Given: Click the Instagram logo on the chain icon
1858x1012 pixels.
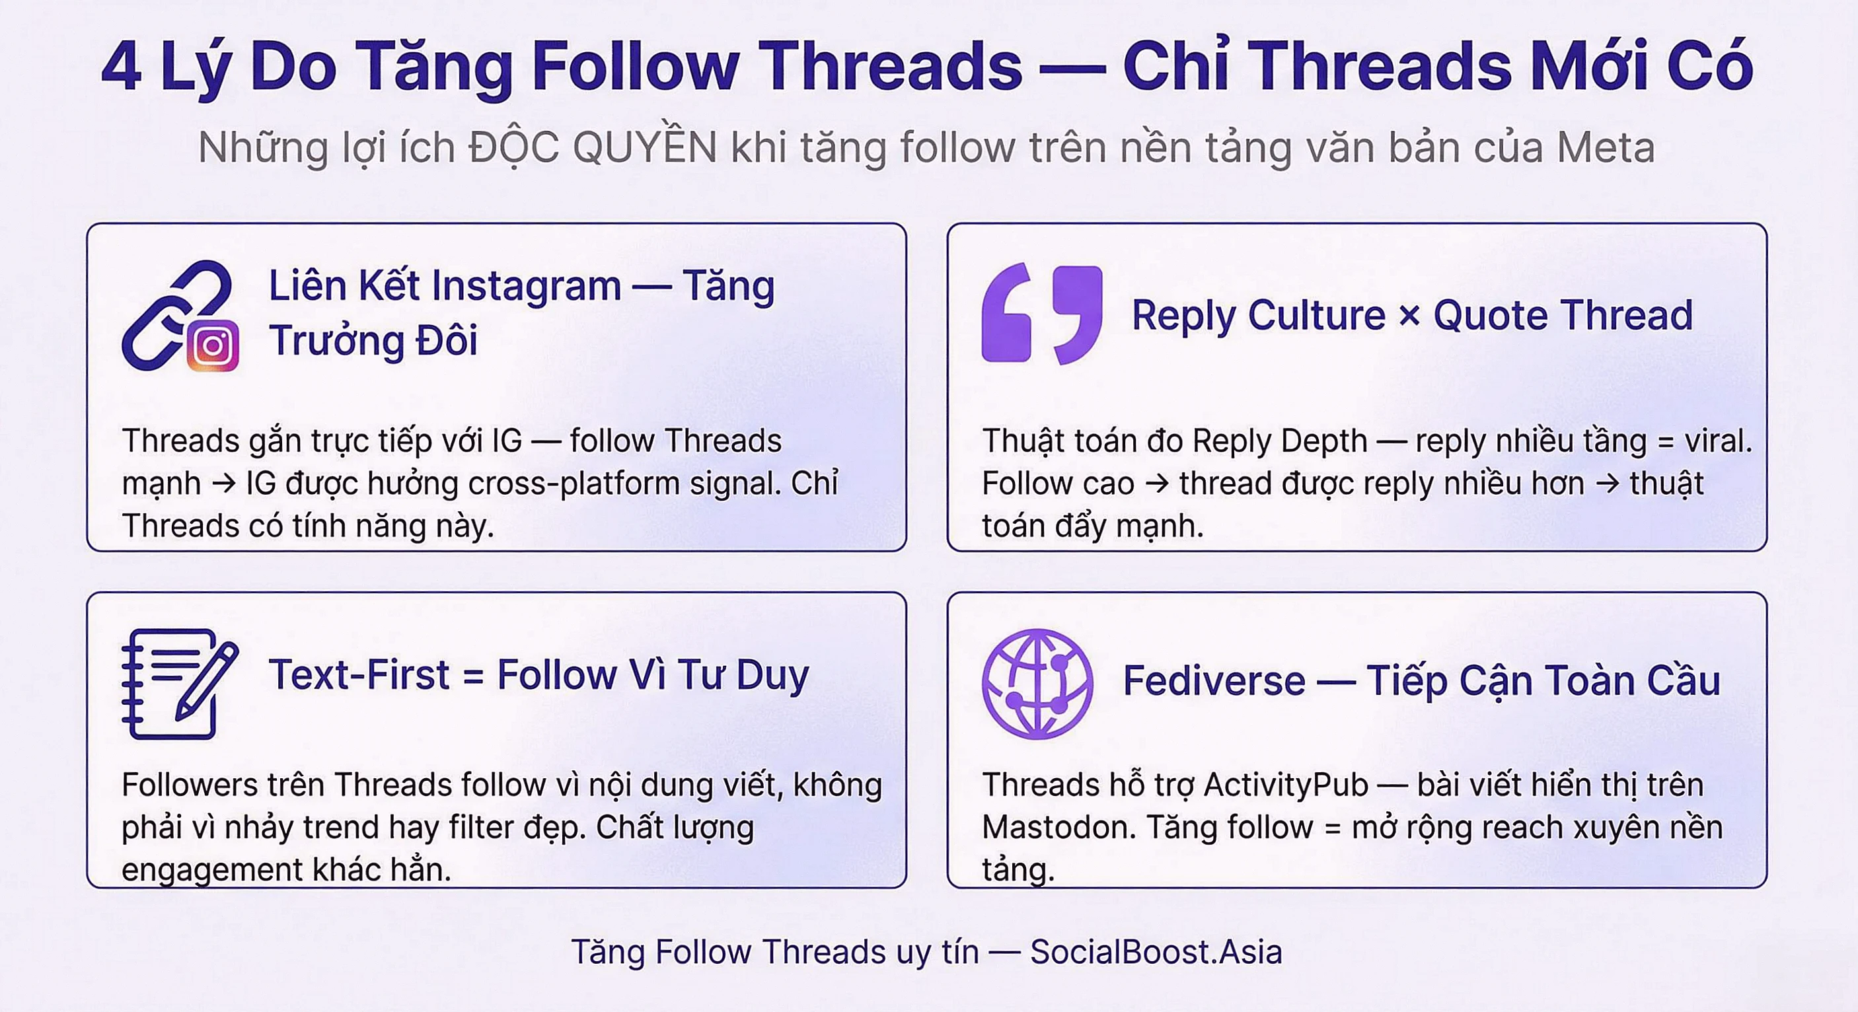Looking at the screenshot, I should [213, 345].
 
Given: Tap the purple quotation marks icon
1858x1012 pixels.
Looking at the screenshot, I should [1041, 314].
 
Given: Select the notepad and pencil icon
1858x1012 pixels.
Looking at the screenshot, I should [179, 683].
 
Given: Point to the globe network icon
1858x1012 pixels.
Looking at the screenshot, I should [1037, 683].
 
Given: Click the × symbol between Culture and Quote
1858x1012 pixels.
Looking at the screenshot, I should [1409, 315].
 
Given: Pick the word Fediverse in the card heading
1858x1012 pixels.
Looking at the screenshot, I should [1214, 680].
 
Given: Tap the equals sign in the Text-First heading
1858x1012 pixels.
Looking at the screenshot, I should [472, 676].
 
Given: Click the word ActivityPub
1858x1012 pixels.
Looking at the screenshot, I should [1285, 785].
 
